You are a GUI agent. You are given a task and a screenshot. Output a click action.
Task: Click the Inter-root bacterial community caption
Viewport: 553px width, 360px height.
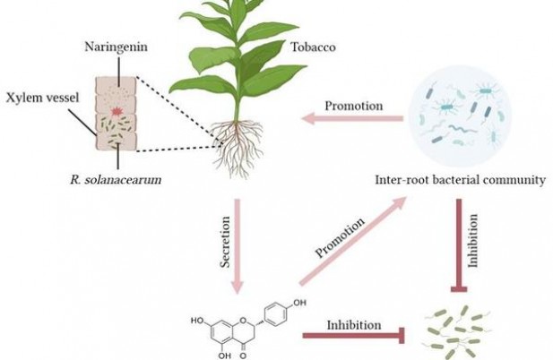pos(461,180)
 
